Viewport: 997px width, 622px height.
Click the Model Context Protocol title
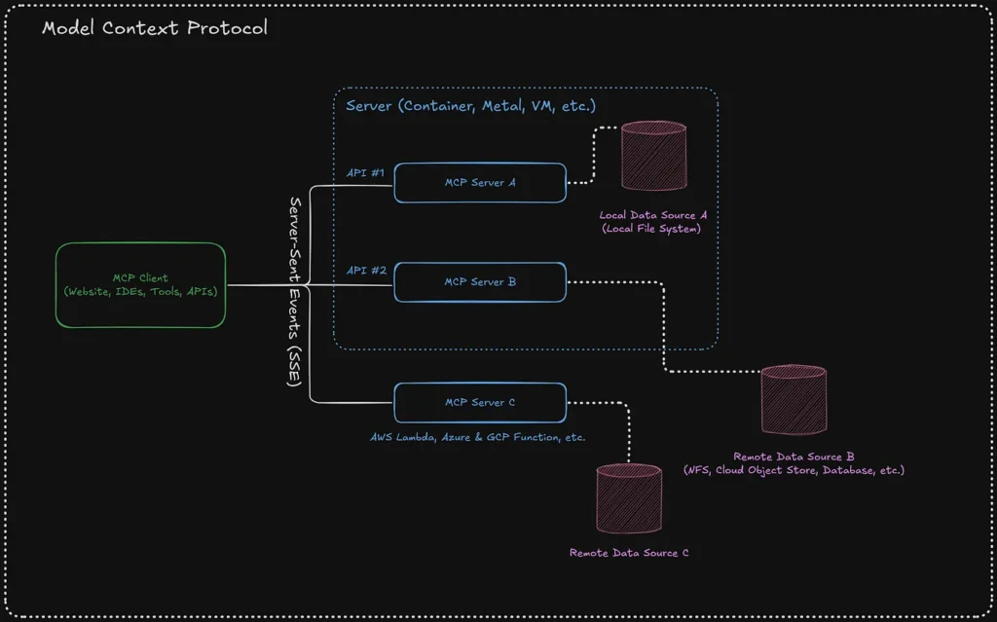[x=155, y=27]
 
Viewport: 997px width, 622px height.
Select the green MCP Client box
[x=140, y=284]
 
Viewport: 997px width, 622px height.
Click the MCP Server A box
[x=479, y=183]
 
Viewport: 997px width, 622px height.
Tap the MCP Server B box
[x=479, y=282]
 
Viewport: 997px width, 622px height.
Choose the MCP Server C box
[x=479, y=402]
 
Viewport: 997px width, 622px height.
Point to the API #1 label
[x=365, y=172]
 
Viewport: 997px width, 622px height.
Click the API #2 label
[x=365, y=271]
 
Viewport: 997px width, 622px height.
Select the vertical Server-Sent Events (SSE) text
[x=295, y=291]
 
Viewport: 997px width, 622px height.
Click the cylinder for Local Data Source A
[x=654, y=156]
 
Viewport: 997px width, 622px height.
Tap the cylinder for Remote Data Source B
[x=794, y=399]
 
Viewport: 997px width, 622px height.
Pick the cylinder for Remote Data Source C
[x=628, y=497]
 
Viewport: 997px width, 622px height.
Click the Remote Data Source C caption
[x=629, y=553]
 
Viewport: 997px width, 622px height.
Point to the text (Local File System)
[x=650, y=229]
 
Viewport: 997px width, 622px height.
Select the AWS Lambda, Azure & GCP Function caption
[x=477, y=437]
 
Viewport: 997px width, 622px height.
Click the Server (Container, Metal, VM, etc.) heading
[x=470, y=105]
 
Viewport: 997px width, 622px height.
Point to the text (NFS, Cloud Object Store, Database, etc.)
[x=794, y=470]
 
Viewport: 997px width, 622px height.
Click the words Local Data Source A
[x=650, y=215]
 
